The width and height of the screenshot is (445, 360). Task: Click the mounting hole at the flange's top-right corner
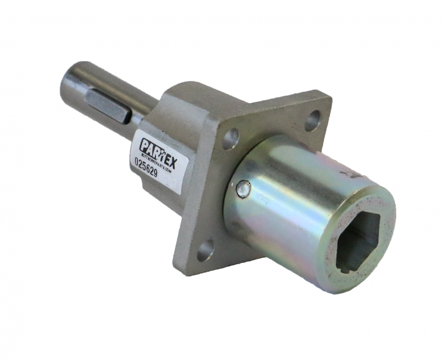(x=313, y=119)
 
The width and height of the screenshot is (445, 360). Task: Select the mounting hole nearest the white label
(x=231, y=139)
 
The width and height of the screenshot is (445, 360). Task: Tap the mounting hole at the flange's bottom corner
(x=205, y=250)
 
